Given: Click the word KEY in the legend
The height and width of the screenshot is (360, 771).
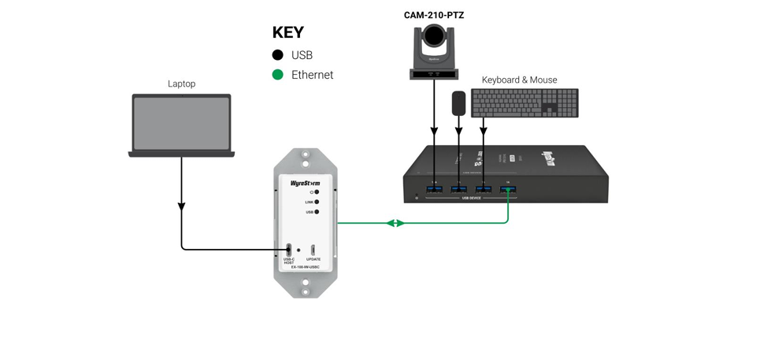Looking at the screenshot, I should tap(287, 32).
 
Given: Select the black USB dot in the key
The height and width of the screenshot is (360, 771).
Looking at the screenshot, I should tap(277, 55).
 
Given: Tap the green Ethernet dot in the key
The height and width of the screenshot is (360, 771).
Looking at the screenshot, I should tap(277, 75).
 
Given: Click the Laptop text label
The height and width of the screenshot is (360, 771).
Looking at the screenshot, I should tap(181, 84).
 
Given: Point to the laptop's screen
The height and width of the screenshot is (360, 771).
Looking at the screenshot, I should tap(181, 123).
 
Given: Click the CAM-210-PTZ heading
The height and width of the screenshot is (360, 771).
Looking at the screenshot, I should tap(433, 14).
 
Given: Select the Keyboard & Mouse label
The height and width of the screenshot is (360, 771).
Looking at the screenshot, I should tap(519, 80).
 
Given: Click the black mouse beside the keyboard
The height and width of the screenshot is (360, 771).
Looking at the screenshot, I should tap(458, 104).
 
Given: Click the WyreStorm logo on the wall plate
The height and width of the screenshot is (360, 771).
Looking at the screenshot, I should tap(306, 183).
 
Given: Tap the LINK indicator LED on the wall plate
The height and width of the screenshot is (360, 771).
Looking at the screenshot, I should tap(317, 202).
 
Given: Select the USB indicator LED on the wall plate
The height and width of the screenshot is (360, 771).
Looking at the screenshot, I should tap(317, 213).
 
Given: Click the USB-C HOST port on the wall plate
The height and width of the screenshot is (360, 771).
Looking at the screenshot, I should tap(289, 250).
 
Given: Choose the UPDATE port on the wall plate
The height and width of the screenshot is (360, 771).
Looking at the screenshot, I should tap(313, 251).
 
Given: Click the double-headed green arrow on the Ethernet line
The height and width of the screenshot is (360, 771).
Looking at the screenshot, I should tap(395, 224).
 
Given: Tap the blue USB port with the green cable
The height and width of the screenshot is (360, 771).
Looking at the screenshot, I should tap(508, 190).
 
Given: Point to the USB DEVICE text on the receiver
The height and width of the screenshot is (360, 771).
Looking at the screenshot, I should tap(470, 199).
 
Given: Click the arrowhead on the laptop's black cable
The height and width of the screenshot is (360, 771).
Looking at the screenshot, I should tap(182, 206).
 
